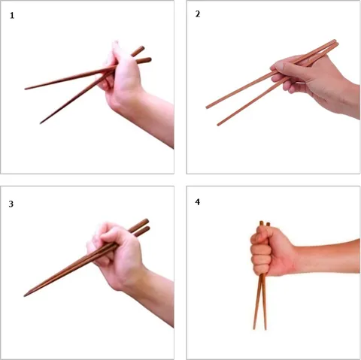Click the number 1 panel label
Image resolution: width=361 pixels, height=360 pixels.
12,16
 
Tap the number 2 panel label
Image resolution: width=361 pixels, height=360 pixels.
198,14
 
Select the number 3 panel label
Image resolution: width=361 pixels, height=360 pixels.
11,204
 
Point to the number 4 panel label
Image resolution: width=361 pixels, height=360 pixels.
198,202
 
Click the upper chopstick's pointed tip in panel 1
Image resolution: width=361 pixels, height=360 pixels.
26,89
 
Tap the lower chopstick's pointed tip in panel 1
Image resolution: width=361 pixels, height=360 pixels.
41,123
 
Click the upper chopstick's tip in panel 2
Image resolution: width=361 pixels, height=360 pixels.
207,107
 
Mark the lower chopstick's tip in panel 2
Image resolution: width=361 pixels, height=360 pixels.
218,125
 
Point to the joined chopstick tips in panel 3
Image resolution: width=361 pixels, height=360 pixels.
25,295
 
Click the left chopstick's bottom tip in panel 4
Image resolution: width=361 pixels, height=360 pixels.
254,328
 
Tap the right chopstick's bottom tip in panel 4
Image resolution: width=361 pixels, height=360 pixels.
265,328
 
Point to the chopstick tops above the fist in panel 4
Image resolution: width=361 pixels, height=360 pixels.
265,224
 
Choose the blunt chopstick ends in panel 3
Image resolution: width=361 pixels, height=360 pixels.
146,225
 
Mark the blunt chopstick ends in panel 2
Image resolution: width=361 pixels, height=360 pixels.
336,43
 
